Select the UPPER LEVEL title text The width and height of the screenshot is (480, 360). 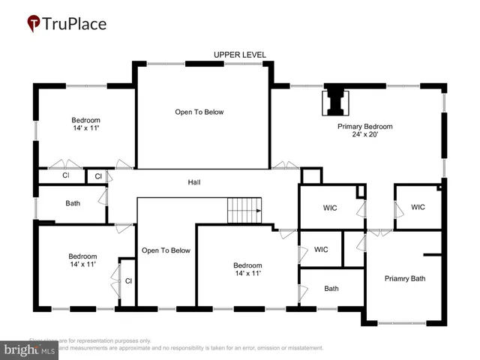pyautogui.click(x=239, y=55)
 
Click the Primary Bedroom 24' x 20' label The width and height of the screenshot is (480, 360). pyautogui.click(x=364, y=130)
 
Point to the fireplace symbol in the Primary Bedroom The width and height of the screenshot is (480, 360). pyautogui.click(x=334, y=103)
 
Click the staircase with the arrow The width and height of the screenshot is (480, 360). pyautogui.click(x=245, y=210)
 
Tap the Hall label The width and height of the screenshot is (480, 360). pyautogui.click(x=194, y=182)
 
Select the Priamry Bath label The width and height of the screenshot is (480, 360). pyautogui.click(x=405, y=278)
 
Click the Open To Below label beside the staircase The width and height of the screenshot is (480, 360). pyautogui.click(x=166, y=250)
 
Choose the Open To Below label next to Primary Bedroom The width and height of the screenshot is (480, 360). pyautogui.click(x=199, y=112)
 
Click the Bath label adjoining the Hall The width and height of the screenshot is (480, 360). pyautogui.click(x=73, y=203)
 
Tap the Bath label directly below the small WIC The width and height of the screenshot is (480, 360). pyautogui.click(x=331, y=288)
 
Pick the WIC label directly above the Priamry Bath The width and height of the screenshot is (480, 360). pyautogui.click(x=418, y=207)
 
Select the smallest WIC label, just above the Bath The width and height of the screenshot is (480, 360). pyautogui.click(x=321, y=250)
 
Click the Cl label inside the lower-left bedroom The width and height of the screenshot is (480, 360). pyautogui.click(x=128, y=281)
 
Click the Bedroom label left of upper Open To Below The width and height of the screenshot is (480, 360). pyautogui.click(x=85, y=124)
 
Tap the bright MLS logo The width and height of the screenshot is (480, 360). pyautogui.click(x=30, y=349)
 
